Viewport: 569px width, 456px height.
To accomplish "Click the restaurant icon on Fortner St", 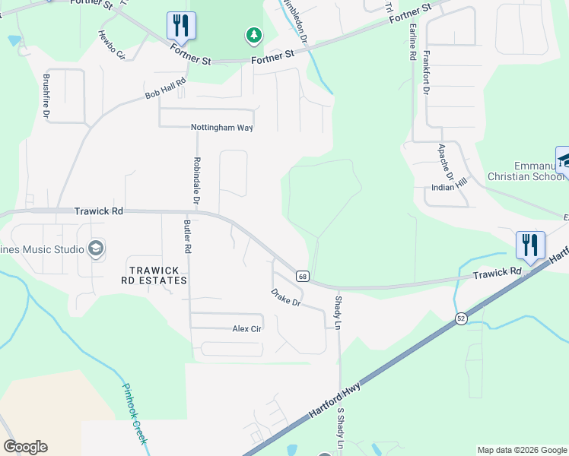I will tap(181, 25).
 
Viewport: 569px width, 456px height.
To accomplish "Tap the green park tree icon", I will tap(253, 35).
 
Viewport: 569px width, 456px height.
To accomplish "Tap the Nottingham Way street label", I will tap(221, 128).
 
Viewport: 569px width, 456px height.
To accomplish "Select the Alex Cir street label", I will tap(247, 329).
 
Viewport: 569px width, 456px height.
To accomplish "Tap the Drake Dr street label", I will tap(287, 297).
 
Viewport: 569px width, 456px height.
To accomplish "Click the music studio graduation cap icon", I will tap(95, 248).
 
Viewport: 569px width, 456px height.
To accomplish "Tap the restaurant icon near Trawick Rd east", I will tap(530, 245).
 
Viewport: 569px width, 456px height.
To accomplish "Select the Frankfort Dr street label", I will tap(426, 73).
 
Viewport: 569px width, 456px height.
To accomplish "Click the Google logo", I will tap(25, 447).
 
